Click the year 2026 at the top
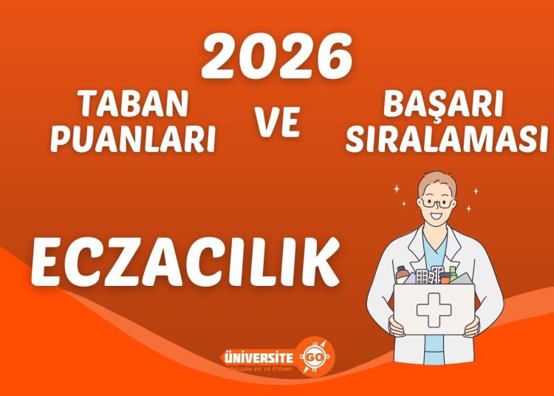click(276, 57)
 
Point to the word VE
click(278, 123)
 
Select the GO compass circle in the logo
click(315, 355)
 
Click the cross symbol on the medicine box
click(433, 310)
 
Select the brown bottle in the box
click(403, 275)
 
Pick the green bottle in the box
click(453, 274)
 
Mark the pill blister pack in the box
click(425, 278)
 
